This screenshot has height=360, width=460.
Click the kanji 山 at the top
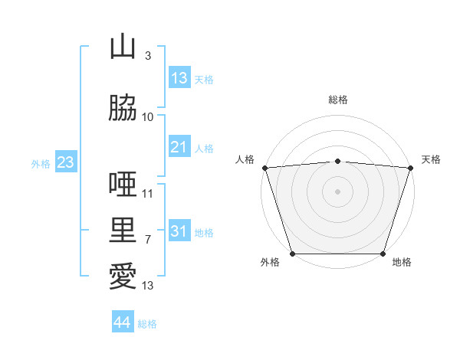click(x=123, y=46)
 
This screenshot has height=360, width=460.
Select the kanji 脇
click(x=123, y=107)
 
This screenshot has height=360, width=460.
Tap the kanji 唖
click(x=123, y=184)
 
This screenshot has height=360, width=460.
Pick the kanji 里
click(x=123, y=230)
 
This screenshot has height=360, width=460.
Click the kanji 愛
click(x=123, y=276)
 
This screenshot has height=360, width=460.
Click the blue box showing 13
click(x=179, y=77)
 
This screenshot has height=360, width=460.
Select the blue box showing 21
click(x=179, y=146)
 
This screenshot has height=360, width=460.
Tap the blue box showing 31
click(x=179, y=230)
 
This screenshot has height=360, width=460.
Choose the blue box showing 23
click(x=66, y=162)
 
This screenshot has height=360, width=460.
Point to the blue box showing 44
click(x=123, y=321)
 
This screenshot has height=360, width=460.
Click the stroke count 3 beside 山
click(x=148, y=55)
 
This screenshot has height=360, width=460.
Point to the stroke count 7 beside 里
click(x=148, y=240)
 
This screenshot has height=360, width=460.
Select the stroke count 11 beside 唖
click(x=147, y=194)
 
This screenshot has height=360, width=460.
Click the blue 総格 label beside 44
click(x=147, y=324)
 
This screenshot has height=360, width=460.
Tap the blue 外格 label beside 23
click(x=41, y=164)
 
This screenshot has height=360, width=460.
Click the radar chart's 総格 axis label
click(x=338, y=100)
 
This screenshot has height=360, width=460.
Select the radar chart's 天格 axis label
click(x=431, y=159)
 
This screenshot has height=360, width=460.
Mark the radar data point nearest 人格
click(x=265, y=168)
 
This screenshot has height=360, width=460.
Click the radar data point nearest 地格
click(x=383, y=254)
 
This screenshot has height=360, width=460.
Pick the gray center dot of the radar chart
click(x=337, y=191)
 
